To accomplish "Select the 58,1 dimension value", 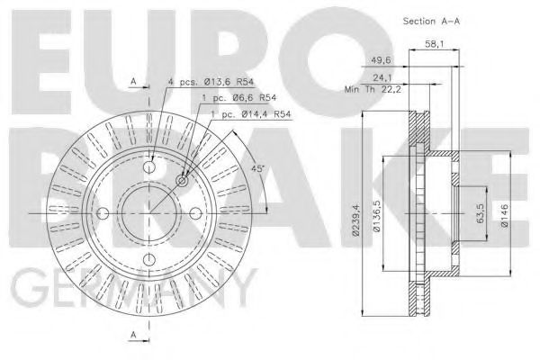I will pos(433,42).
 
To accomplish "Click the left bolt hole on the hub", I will pos(102,212).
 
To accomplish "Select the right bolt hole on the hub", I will pos(198,212).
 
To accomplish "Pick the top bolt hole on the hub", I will pos(150,164).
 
